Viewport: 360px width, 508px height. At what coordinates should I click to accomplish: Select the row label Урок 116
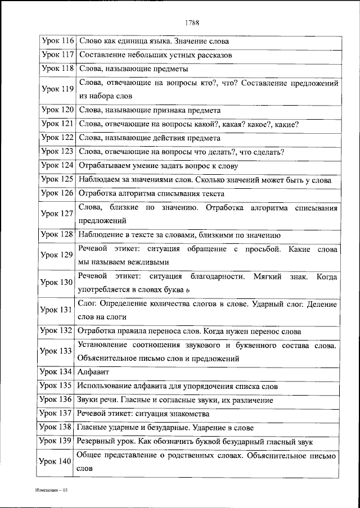pos(58,42)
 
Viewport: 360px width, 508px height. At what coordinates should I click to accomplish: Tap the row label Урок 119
pos(58,89)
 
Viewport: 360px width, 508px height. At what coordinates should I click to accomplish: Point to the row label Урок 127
pos(58,214)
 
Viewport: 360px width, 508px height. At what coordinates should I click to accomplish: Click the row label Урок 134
pos(58,372)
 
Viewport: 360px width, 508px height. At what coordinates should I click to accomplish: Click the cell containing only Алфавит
pos(93,372)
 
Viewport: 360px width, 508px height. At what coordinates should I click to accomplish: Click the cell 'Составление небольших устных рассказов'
pos(156,55)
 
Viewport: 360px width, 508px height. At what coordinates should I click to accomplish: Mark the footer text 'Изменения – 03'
pos(51,490)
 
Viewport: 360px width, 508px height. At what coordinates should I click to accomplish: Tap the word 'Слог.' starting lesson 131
pos(88,304)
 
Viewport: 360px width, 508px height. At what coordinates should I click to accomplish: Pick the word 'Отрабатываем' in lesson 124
pos(102,166)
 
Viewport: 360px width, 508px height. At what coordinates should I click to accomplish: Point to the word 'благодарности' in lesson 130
pos(218,276)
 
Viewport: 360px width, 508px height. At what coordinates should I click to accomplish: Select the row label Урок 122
pos(58,138)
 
